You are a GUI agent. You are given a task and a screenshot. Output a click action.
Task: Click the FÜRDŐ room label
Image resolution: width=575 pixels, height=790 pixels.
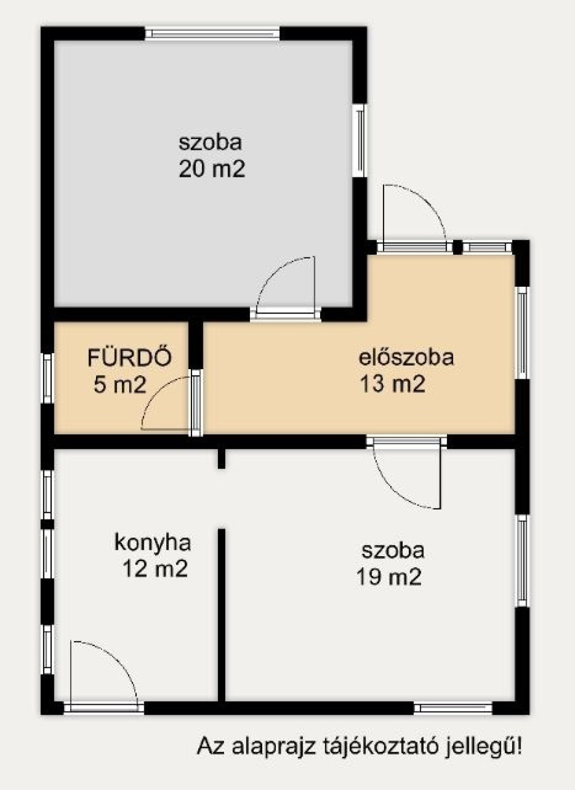point(130,357)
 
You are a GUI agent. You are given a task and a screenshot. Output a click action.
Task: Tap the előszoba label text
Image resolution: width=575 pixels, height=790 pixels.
point(406,357)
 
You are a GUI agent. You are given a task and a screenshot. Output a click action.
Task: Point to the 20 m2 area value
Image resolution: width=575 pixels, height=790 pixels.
point(212,169)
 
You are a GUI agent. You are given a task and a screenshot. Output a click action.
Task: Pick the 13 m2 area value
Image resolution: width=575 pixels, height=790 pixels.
point(392,384)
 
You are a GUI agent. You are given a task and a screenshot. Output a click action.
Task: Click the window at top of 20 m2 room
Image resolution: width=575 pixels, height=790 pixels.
point(212,34)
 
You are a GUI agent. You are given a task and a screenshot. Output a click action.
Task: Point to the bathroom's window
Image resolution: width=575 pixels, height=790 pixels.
point(48,378)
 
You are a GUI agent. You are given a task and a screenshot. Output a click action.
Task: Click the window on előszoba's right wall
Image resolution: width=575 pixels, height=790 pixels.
point(523,333)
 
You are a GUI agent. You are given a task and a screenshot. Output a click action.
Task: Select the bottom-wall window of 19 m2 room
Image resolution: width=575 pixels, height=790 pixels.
point(453,708)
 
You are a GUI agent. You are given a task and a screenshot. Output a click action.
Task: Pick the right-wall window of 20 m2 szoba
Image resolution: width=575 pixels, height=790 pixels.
point(360,140)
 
